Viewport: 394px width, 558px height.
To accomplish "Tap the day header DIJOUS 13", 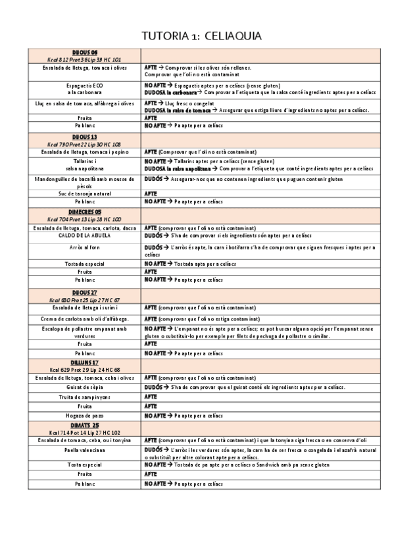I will click(84, 136).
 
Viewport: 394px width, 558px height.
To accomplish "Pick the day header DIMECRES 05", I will click(84, 212).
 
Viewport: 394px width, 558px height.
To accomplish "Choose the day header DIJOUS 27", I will click(84, 292).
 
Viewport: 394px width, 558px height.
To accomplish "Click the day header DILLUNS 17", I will click(84, 363).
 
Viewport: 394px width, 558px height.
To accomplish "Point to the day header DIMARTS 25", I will click(84, 426).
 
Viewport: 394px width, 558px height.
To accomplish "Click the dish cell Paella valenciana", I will click(84, 451).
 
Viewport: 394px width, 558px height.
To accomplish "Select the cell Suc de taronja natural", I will click(84, 194).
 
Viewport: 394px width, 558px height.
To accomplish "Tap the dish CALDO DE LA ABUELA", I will click(84, 235).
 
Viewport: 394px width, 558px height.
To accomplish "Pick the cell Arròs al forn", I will click(84, 247).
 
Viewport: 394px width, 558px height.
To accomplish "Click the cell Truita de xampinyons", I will click(84, 397).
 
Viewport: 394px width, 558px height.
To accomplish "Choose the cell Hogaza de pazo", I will click(84, 416).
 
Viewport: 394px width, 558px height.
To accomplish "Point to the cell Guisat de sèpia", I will click(84, 388).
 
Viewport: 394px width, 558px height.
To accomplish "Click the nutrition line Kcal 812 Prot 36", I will click(84, 59).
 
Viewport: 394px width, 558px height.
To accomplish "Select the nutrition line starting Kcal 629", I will click(84, 370).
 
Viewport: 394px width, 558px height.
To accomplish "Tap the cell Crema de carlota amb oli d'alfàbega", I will click(84, 319).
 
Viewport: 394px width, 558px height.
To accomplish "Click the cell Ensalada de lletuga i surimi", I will click(84, 307).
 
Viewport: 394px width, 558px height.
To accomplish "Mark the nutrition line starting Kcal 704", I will click(84, 219).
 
